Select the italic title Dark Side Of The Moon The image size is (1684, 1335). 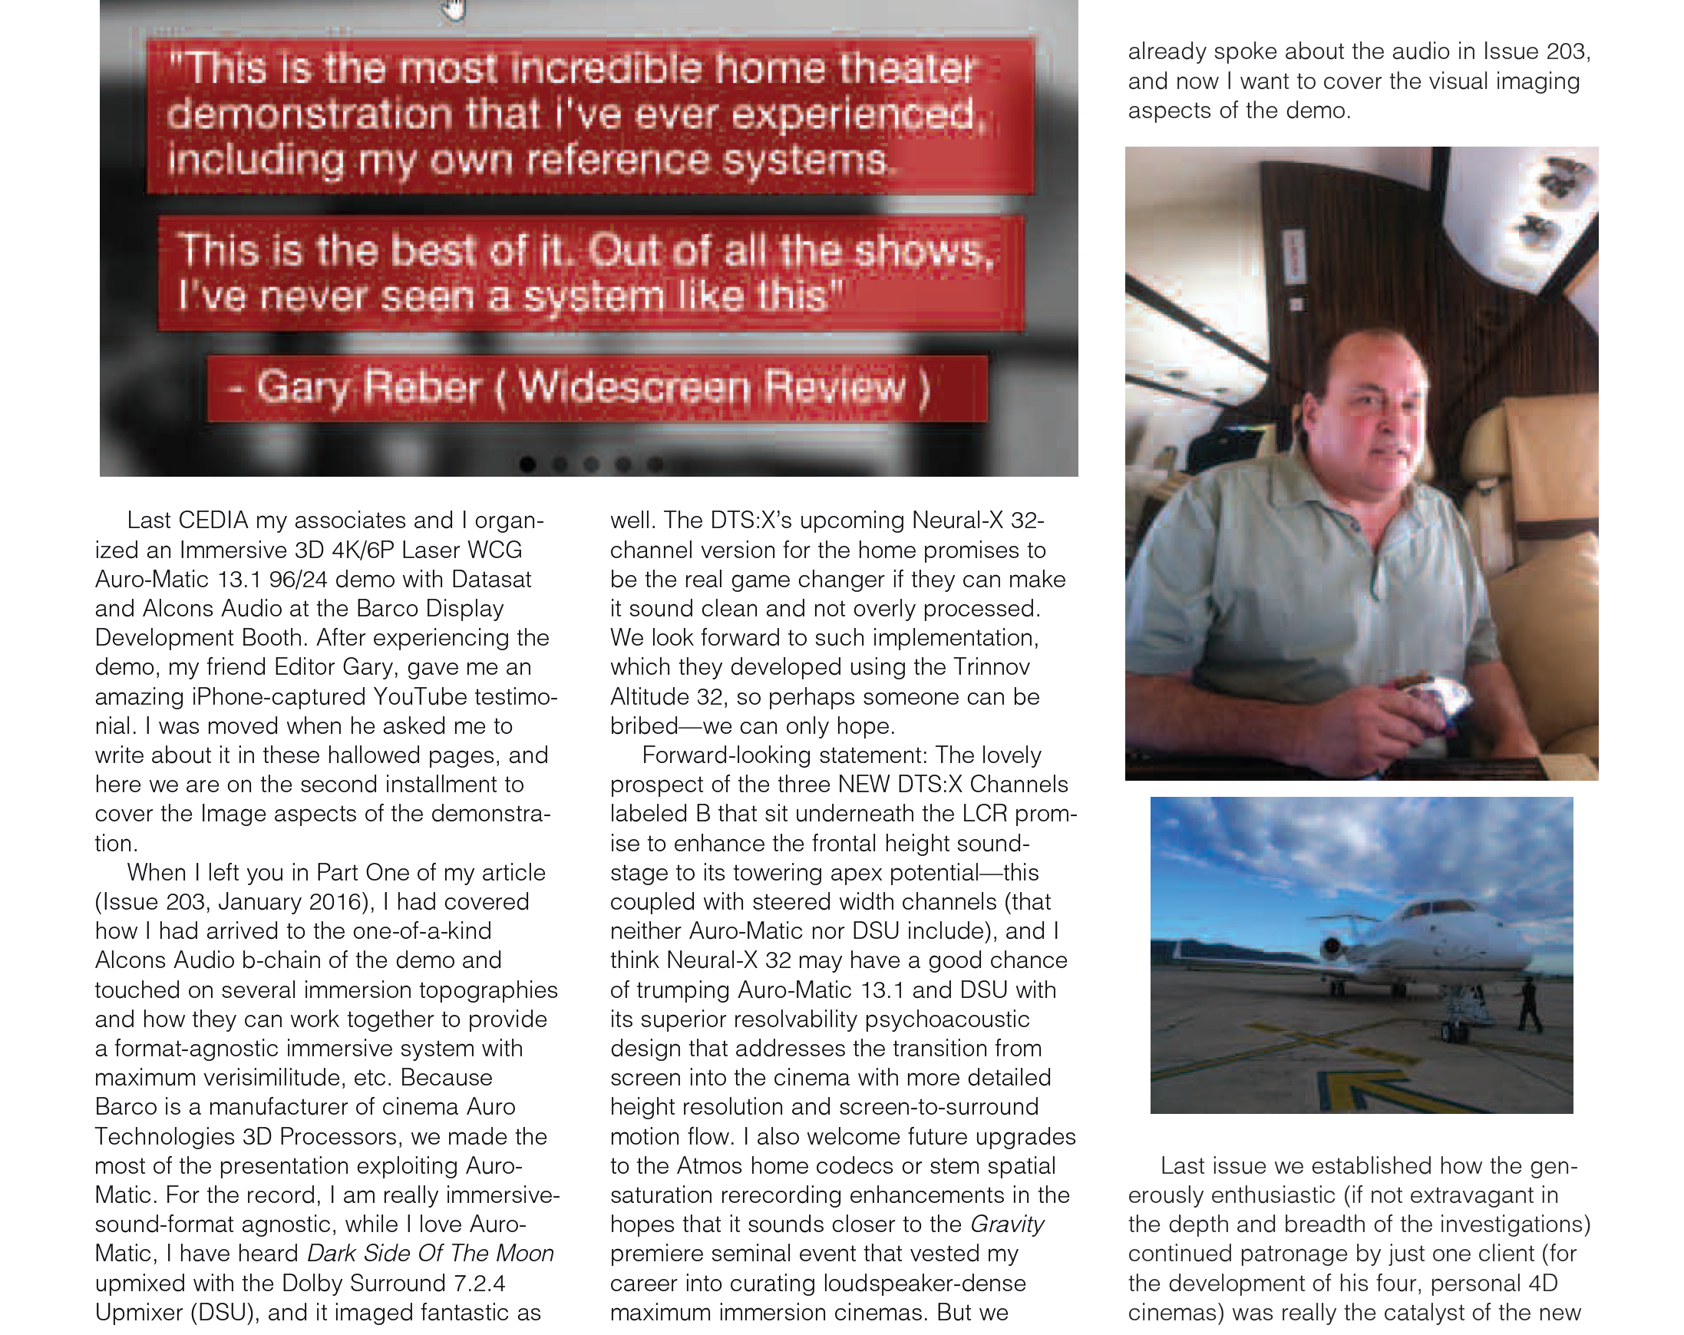[x=431, y=1253]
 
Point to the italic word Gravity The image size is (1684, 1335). [x=1007, y=1224]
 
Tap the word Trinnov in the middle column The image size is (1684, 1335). [x=992, y=666]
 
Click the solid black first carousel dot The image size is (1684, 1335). [x=528, y=464]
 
